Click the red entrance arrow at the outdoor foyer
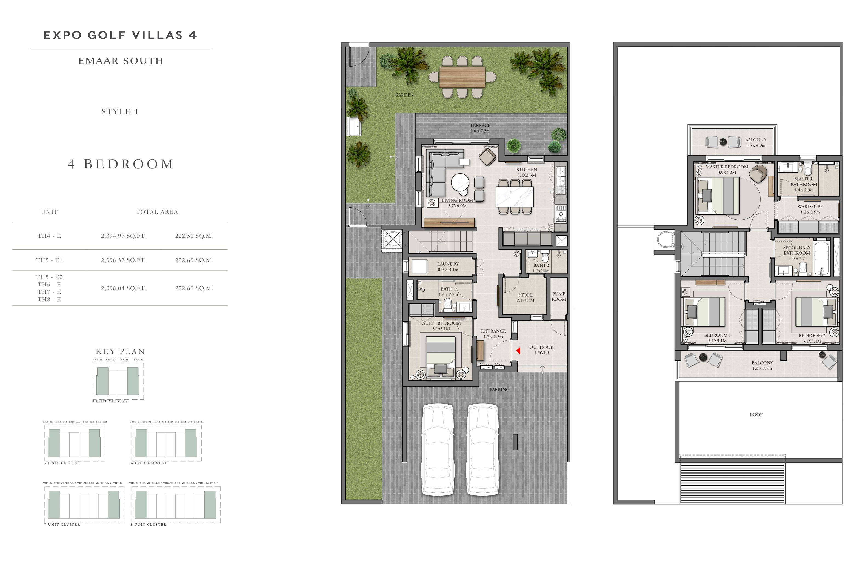[518, 351]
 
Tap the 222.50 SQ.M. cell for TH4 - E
[194, 236]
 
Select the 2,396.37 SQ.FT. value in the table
[123, 260]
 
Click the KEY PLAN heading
[120, 352]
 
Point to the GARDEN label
[404, 95]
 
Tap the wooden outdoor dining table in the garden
[462, 77]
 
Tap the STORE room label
[525, 295]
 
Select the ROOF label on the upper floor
[756, 415]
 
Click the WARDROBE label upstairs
[809, 207]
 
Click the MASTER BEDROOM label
[726, 167]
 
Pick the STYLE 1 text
[120, 112]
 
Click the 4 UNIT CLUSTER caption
[110, 401]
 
